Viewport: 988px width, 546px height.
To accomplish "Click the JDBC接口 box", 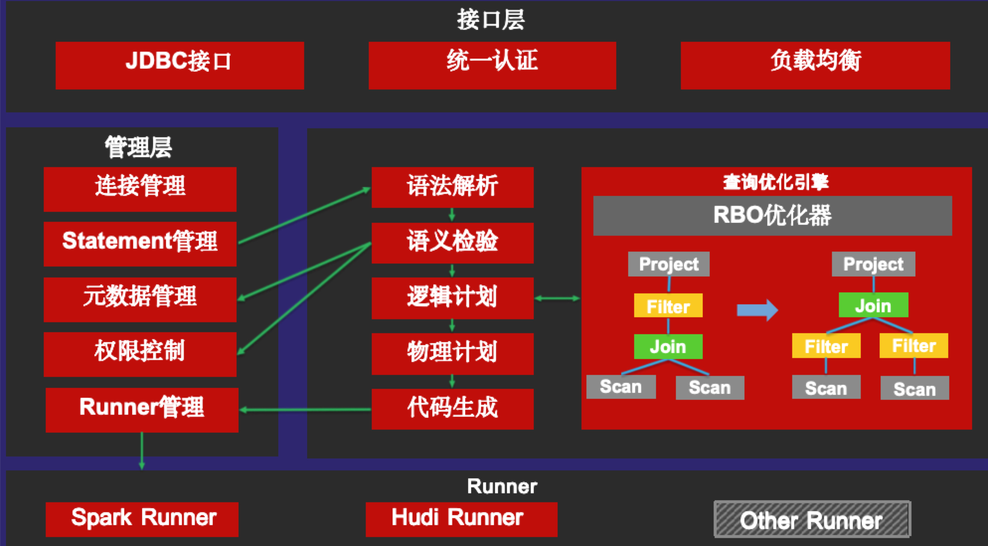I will pyautogui.click(x=179, y=65).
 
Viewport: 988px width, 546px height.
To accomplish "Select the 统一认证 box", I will pyautogui.click(x=492, y=65).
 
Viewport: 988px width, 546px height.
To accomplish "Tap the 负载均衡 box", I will pyautogui.click(x=815, y=65).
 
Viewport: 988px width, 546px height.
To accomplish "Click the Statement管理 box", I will pyautogui.click(x=140, y=244).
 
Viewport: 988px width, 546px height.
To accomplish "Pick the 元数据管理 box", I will pyautogui.click(x=140, y=299).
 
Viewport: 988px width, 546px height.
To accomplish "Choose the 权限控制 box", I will pyautogui.click(x=140, y=354).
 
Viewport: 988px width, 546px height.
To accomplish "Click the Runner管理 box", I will pyautogui.click(x=142, y=409).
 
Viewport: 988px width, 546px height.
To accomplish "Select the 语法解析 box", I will pyautogui.click(x=452, y=187).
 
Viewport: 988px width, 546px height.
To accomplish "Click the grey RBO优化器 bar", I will pyautogui.click(x=772, y=215).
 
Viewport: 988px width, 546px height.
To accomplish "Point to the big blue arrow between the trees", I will pyautogui.click(x=757, y=310).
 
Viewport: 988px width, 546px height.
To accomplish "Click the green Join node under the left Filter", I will pyautogui.click(x=668, y=347).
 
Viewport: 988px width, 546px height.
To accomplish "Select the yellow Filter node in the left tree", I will pyautogui.click(x=668, y=306).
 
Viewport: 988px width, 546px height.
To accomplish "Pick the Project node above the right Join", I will pyautogui.click(x=873, y=264).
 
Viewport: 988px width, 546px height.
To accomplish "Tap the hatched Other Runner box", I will pyautogui.click(x=812, y=519).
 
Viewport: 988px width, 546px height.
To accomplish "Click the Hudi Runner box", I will pyautogui.click(x=461, y=519).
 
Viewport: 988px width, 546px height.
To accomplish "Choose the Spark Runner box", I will pyautogui.click(x=142, y=519).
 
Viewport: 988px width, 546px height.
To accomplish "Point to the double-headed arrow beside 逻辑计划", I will pyautogui.click(x=557, y=298).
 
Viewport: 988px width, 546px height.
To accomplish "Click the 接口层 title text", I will pyautogui.click(x=491, y=20).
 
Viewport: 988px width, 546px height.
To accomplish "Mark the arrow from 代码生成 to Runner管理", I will pyautogui.click(x=305, y=410).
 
